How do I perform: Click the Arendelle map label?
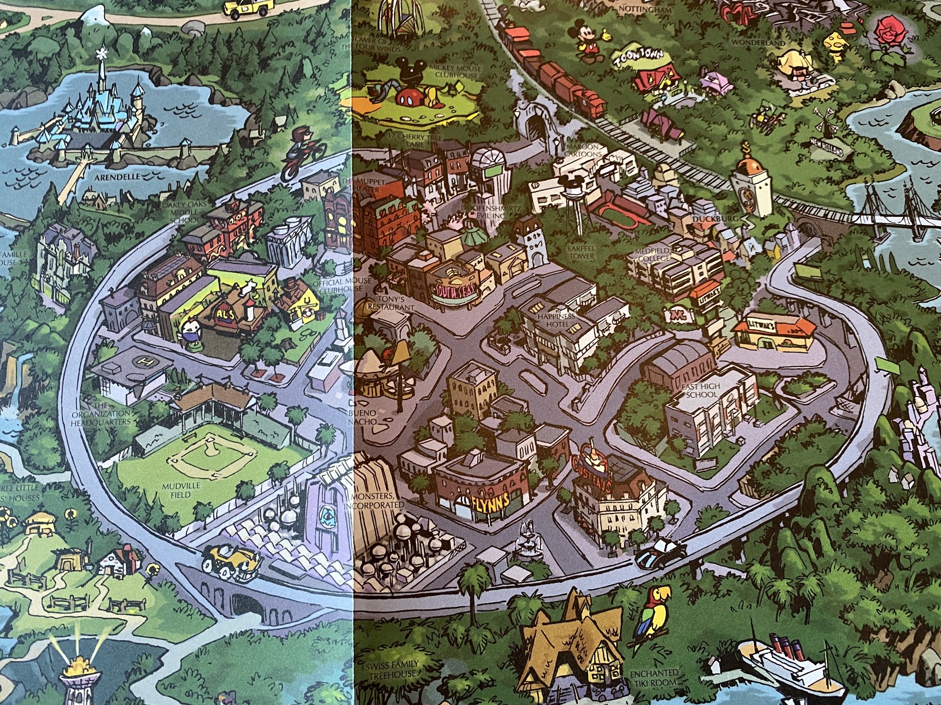[112, 176]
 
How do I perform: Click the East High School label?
[702, 391]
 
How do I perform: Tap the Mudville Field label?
[181, 490]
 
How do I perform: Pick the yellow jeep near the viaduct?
[232, 558]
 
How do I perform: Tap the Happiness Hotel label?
[556, 320]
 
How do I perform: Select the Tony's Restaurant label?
[395, 303]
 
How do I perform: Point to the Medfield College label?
[652, 254]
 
